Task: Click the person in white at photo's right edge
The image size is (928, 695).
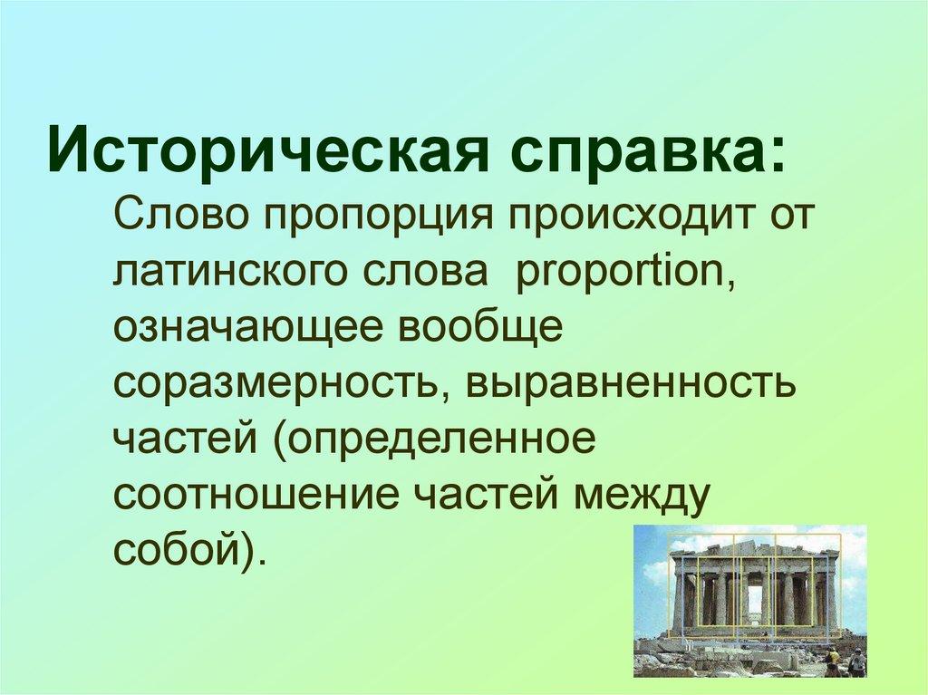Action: [x=856, y=662]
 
